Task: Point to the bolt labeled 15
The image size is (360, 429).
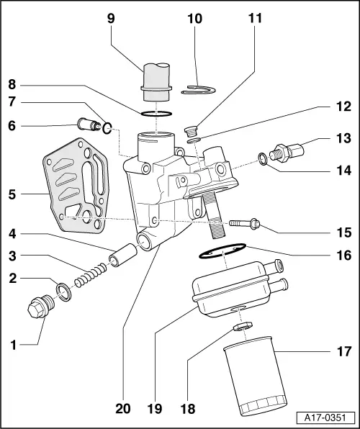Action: [x=244, y=225]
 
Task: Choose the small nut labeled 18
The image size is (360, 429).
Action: [x=243, y=328]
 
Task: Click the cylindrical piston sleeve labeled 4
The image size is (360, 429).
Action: [x=122, y=256]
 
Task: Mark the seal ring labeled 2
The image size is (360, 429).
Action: [x=63, y=292]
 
